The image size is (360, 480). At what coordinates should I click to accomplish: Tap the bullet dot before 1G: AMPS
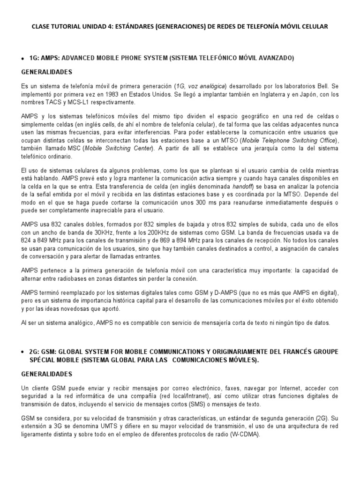point(23,58)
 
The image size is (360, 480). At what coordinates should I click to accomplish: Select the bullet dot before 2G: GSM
point(23,352)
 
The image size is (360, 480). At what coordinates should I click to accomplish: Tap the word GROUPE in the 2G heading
point(325,352)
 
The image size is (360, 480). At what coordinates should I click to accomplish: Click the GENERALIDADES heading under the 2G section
point(47,374)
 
